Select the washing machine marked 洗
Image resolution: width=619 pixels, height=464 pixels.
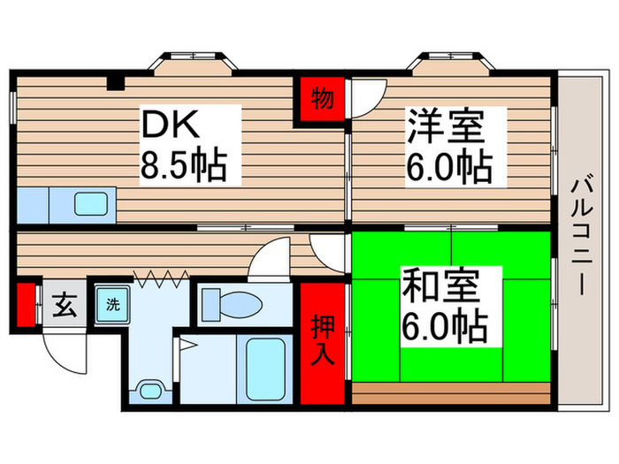click(x=112, y=305)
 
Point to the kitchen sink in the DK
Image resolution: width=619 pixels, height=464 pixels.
click(x=92, y=205)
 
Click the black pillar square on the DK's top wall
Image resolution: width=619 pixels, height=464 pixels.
click(x=115, y=84)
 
